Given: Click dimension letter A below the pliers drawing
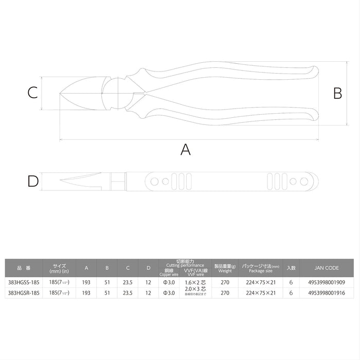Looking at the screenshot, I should [186, 150].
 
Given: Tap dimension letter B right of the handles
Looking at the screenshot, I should [337, 93].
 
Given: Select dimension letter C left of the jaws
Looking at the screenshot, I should [32, 93].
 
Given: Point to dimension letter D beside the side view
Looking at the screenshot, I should [33, 181].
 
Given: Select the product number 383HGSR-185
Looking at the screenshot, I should [24, 293].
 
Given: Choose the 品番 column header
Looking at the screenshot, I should [24, 268].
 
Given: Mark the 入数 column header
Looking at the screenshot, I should [291, 268].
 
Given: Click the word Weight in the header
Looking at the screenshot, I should [225, 271].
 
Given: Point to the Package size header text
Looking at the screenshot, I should [261, 271].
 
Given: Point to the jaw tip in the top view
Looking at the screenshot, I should [61, 93].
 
